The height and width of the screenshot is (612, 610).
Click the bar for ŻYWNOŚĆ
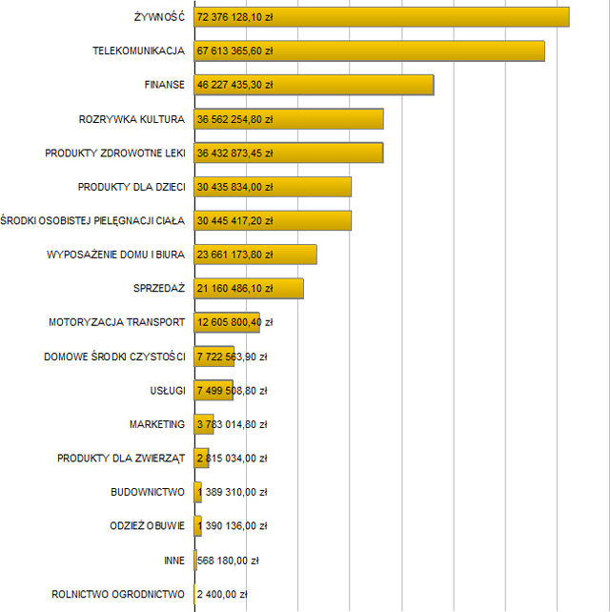point(381,17)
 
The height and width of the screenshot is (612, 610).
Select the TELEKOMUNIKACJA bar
point(369,51)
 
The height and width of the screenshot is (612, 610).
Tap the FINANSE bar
point(314,85)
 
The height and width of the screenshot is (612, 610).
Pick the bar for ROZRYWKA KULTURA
point(288,119)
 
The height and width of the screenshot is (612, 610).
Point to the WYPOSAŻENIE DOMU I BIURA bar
point(255,255)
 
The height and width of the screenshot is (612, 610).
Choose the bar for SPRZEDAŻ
point(249,289)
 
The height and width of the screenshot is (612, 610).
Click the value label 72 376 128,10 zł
point(234,18)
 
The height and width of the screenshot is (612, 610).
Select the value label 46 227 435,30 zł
point(234,85)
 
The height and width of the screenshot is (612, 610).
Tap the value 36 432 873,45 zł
point(234,153)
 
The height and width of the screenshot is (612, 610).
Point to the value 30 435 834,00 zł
point(234,187)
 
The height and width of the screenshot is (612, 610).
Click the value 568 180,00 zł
point(228,561)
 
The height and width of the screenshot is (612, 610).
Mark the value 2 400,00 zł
point(222,595)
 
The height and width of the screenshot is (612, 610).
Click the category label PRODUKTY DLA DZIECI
point(132,187)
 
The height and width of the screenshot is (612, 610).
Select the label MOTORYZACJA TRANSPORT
point(116,322)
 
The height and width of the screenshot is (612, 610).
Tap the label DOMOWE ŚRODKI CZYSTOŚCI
point(114,357)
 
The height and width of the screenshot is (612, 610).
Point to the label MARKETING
point(157,424)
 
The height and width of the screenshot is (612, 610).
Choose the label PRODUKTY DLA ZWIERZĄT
point(121,459)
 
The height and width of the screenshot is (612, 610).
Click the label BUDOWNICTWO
point(148,493)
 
